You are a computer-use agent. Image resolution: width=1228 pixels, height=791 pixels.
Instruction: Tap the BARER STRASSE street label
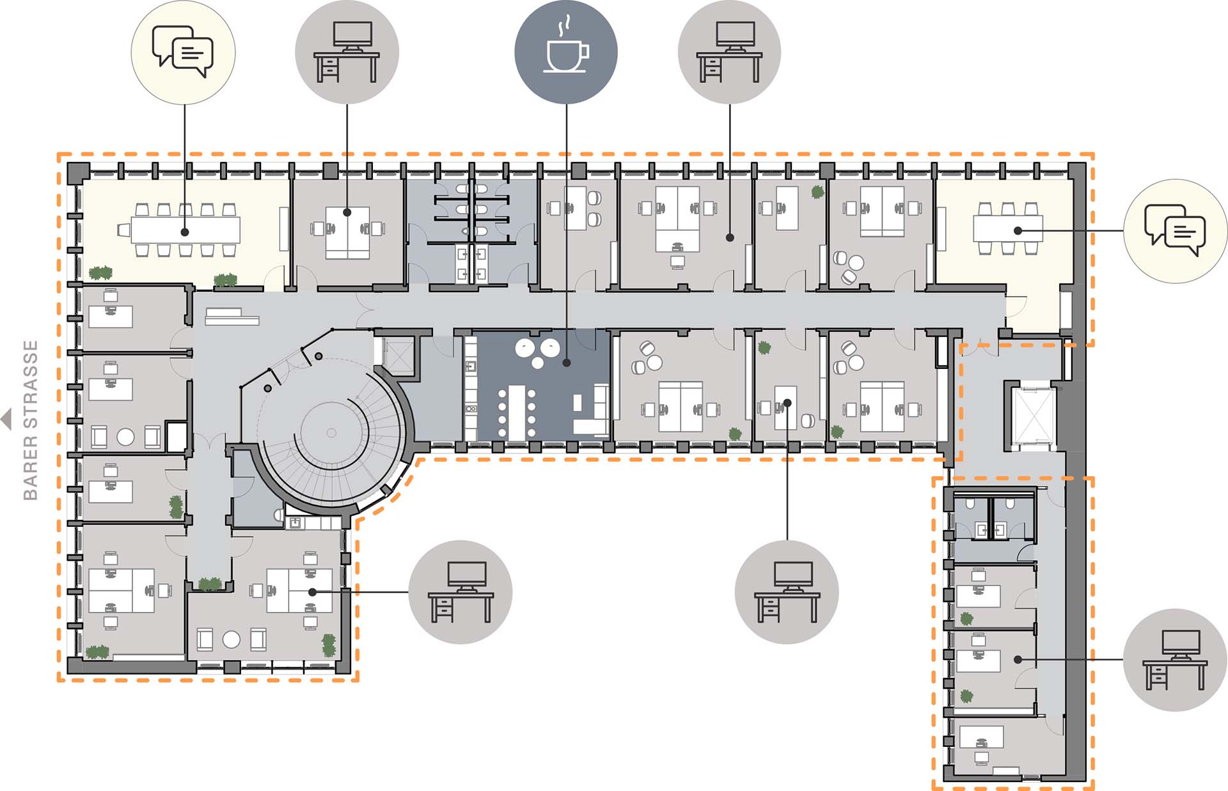pyautogui.click(x=30, y=419)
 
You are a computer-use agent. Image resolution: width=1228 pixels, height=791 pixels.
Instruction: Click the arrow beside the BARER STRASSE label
pyautogui.click(x=6, y=419)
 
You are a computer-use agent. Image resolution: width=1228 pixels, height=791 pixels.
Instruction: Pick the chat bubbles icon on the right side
pyautogui.click(x=1176, y=231)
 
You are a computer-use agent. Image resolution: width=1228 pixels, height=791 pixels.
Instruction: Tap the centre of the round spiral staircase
pyautogui.click(x=331, y=432)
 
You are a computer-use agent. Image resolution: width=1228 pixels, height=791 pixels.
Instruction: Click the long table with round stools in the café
pyautogui.click(x=517, y=412)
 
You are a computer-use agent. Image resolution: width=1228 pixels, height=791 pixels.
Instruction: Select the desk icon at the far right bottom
pyautogui.click(x=1176, y=660)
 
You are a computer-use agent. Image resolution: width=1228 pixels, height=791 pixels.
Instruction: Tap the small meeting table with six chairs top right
pyautogui.click(x=1008, y=228)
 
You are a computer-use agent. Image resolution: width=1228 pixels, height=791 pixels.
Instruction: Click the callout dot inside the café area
pyautogui.click(x=567, y=363)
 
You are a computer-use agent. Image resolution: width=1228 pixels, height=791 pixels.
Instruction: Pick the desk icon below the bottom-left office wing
pyautogui.click(x=460, y=592)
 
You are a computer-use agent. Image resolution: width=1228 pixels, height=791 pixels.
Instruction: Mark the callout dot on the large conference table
pyautogui.click(x=185, y=232)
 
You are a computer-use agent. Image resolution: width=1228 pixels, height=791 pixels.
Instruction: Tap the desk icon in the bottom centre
pyautogui.click(x=787, y=592)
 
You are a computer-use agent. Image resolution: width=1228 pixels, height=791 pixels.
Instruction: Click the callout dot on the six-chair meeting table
pyautogui.click(x=1018, y=230)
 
